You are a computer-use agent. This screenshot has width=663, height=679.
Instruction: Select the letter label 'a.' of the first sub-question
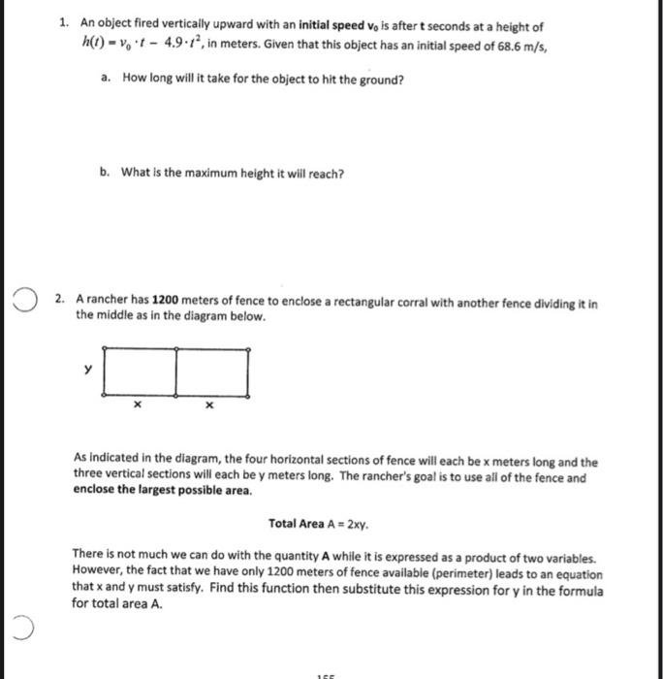pos(106,80)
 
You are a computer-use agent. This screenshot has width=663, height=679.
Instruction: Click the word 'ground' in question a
pos(376,80)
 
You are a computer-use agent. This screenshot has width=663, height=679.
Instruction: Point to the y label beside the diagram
pos(86,369)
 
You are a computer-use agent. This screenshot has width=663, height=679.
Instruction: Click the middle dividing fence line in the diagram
pos(176,372)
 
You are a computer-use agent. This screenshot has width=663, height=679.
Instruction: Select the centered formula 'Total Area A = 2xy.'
pos(319,524)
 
